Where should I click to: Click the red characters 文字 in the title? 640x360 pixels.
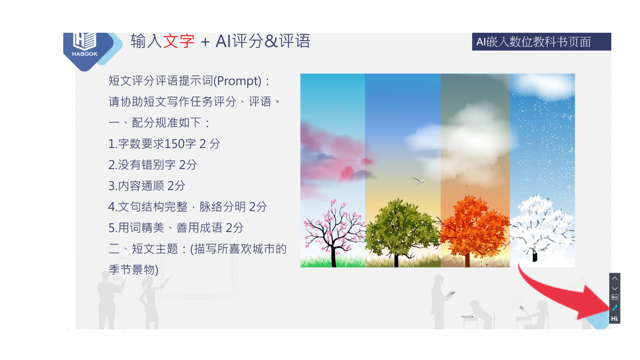click(x=179, y=41)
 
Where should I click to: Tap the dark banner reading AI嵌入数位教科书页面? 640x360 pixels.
click(x=542, y=42)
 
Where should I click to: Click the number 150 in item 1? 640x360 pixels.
click(x=174, y=144)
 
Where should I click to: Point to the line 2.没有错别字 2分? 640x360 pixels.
click(x=152, y=165)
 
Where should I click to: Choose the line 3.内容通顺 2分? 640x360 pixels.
click(x=147, y=186)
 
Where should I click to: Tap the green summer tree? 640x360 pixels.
click(x=402, y=232)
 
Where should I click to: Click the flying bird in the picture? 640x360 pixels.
click(x=418, y=180)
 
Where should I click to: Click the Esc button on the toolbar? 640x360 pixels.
click(x=615, y=298)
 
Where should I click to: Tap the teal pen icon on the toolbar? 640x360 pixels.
click(x=615, y=308)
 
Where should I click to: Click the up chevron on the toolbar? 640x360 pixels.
click(x=615, y=278)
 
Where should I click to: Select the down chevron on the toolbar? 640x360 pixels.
click(x=615, y=288)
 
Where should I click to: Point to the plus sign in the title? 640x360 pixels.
click(x=205, y=42)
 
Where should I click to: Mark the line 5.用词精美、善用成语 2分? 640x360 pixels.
click(x=176, y=228)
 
